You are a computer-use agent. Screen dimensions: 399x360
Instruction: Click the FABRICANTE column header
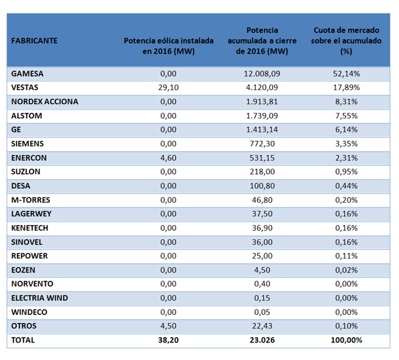(34, 41)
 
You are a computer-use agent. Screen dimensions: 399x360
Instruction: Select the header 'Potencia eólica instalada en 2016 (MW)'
(169, 46)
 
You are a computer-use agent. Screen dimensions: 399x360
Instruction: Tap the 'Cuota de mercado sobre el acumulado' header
(346, 41)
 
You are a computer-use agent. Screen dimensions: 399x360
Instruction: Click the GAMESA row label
(28, 74)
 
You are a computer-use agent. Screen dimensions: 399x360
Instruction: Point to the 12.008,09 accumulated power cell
(262, 74)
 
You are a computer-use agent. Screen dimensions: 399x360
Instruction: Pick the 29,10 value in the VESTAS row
(168, 87)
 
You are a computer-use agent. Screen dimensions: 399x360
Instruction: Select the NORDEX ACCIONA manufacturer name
(44, 101)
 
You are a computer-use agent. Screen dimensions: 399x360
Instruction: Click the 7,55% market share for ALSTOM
(346, 116)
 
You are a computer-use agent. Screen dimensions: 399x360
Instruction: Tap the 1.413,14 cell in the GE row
(262, 130)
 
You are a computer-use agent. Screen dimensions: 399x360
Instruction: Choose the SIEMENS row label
(28, 144)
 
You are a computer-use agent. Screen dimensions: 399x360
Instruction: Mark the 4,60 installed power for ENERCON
(168, 158)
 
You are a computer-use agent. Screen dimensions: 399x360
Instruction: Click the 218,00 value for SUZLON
(262, 172)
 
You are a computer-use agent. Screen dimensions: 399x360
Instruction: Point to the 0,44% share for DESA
(346, 186)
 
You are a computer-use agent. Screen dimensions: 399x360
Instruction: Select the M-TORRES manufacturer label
(30, 200)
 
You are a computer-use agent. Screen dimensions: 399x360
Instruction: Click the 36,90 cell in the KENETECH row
(262, 228)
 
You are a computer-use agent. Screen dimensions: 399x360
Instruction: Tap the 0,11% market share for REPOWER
(346, 256)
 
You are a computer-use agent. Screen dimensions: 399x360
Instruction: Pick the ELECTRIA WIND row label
(40, 298)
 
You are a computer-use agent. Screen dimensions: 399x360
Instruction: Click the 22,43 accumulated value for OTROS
(262, 326)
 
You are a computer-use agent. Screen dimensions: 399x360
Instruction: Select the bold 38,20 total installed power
(168, 340)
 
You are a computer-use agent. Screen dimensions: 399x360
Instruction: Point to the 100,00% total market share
(346, 340)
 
